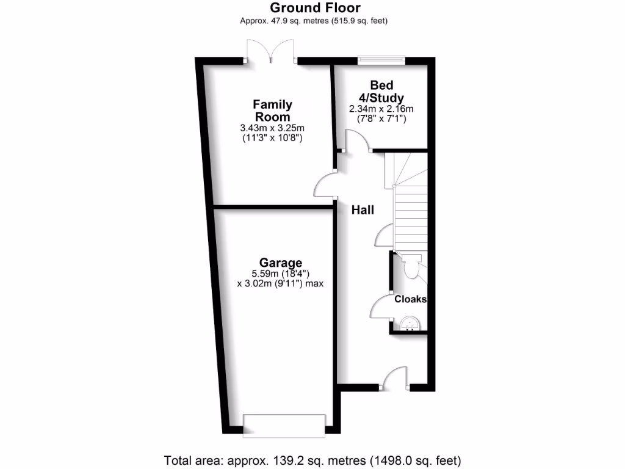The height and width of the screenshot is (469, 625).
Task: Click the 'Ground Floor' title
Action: [315, 8]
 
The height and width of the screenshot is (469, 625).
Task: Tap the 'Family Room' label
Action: [272, 111]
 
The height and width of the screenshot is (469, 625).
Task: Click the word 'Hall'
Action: [363, 210]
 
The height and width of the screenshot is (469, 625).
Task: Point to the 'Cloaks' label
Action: [410, 299]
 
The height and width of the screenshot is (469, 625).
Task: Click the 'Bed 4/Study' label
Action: [381, 91]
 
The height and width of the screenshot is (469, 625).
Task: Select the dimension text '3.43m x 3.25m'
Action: [272, 128]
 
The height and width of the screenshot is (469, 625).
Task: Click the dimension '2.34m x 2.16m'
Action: [381, 109]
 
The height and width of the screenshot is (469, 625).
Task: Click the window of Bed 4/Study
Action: [381, 60]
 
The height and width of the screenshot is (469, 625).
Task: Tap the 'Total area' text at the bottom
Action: [312, 459]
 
